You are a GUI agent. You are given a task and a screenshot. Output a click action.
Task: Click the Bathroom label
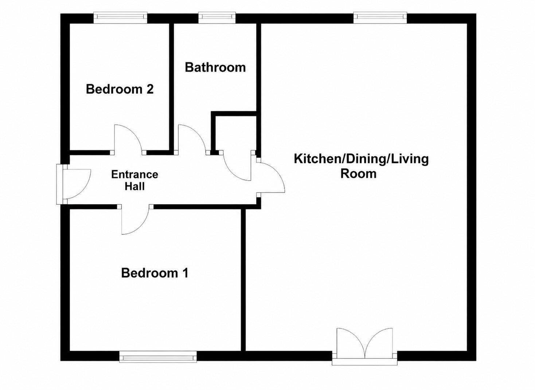click(215, 67)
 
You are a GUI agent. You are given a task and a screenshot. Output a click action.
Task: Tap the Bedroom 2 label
click(120, 90)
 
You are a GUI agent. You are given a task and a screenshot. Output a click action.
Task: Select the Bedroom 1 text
click(155, 273)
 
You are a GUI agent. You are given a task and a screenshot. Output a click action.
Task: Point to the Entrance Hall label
click(135, 180)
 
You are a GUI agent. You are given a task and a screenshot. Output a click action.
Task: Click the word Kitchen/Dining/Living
click(362, 159)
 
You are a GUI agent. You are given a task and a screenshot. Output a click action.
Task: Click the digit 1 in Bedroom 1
click(186, 273)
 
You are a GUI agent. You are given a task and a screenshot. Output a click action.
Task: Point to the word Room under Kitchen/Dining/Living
click(358, 174)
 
